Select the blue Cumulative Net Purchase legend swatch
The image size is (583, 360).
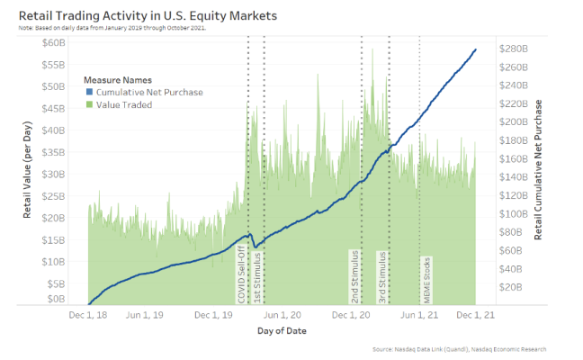point(87,92)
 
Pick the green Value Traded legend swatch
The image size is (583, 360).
point(87,104)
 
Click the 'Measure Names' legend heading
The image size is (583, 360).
point(117,79)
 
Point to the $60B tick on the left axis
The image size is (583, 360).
point(54,42)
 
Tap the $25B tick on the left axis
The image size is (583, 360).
point(54,195)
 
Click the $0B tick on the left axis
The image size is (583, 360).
point(57,298)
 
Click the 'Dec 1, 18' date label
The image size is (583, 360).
point(88,316)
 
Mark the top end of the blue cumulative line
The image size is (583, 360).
point(476,49)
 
